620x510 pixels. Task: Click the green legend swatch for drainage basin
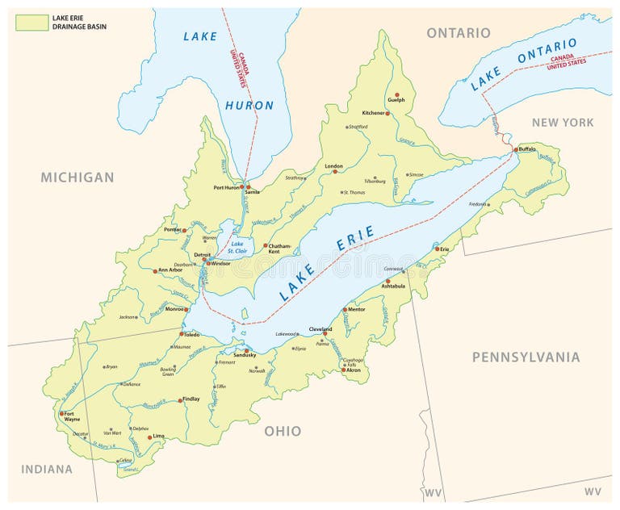tap(31, 22)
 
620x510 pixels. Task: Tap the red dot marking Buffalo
tap(516, 150)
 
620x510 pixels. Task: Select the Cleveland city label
tap(321, 329)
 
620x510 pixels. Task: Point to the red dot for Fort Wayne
tap(61, 414)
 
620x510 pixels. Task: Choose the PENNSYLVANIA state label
tap(526, 357)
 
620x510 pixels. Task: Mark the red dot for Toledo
tap(182, 333)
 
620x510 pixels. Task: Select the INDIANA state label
tap(47, 469)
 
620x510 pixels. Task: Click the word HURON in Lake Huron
tap(249, 105)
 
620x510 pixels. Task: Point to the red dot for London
tap(337, 171)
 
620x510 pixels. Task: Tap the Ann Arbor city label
tap(173, 270)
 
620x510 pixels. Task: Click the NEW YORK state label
tap(562, 123)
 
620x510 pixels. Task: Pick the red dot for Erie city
tap(438, 249)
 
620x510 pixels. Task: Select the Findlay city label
tap(191, 399)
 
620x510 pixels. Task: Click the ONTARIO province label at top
tap(458, 32)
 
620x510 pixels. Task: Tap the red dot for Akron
tap(343, 370)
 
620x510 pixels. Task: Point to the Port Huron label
tap(227, 187)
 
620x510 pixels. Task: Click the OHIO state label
tap(283, 431)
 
